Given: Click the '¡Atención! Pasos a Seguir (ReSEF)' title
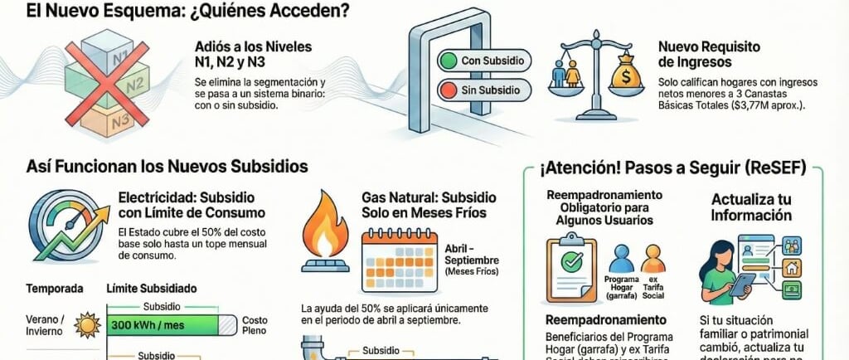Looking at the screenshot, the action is [672, 168].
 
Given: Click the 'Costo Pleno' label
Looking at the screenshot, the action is [254, 324].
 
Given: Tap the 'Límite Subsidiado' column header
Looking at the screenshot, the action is [151, 289].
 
